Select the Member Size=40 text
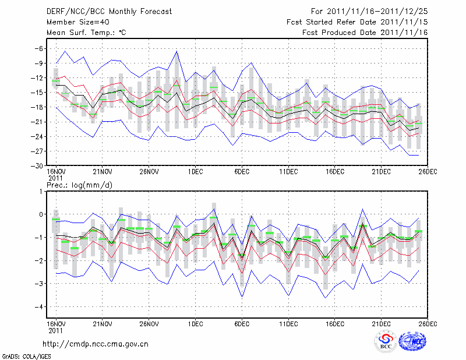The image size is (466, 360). pyautogui.click(x=73, y=22)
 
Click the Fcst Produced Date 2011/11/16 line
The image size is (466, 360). pyautogui.click(x=365, y=33)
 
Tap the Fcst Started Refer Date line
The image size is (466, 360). pyautogui.click(x=357, y=22)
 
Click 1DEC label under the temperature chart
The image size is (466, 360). pyautogui.click(x=195, y=172)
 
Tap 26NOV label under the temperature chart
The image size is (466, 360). pyautogui.click(x=149, y=172)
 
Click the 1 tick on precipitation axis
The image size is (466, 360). pyautogui.click(x=39, y=191)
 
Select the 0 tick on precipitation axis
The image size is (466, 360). pyautogui.click(x=39, y=214)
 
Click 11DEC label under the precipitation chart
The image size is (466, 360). pyautogui.click(x=288, y=322)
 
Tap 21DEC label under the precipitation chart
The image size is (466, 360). pyautogui.click(x=381, y=322)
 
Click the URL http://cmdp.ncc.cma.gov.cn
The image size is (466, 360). pyautogui.click(x=96, y=344)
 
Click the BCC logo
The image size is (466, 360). pyautogui.click(x=386, y=342)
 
